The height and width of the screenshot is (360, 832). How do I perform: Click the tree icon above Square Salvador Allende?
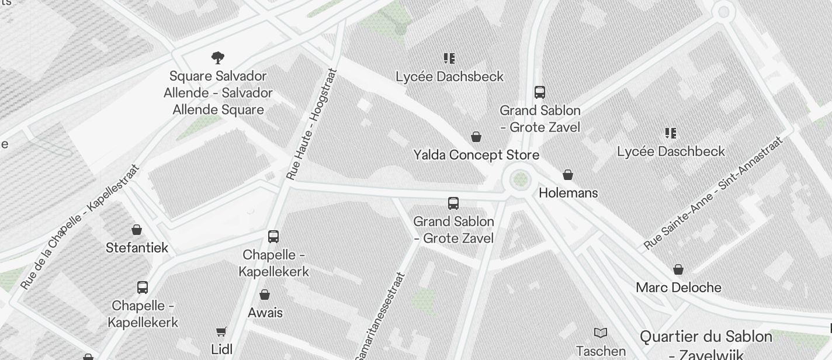[218, 57]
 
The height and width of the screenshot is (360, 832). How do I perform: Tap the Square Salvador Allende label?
[218, 93]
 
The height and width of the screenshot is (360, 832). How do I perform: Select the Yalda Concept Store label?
[476, 155]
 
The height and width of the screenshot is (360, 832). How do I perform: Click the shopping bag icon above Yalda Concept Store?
[476, 137]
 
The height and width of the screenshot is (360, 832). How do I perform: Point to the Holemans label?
[568, 193]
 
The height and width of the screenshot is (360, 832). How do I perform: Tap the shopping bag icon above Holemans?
[567, 175]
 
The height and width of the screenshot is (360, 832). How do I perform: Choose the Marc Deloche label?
[678, 288]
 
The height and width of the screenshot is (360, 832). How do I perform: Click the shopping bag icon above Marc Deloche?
[678, 269]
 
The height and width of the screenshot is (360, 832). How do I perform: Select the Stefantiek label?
[137, 248]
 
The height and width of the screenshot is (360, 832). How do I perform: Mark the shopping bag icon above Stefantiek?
[137, 230]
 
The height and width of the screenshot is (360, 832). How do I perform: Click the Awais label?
[265, 313]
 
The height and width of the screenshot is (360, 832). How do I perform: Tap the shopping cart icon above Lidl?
[221, 332]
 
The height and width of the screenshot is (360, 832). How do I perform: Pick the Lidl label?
[222, 349]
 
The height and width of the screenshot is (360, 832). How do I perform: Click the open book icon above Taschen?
[601, 333]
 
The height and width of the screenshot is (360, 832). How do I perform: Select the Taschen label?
[601, 351]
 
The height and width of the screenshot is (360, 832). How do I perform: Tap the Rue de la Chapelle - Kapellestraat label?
[80, 227]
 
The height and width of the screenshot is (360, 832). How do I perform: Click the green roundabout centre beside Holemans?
[519, 179]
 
